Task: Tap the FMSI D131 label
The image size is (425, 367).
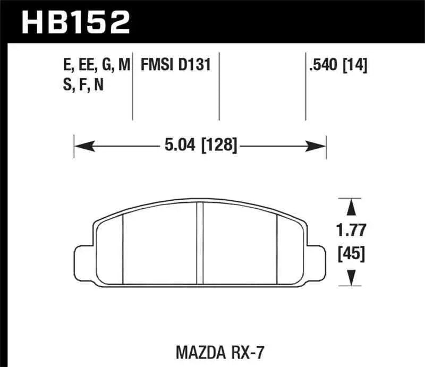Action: (x=176, y=65)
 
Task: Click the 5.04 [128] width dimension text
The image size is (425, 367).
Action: (x=197, y=144)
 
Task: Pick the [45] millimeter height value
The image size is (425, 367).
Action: (x=351, y=254)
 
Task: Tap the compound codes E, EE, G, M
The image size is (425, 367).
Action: (x=96, y=65)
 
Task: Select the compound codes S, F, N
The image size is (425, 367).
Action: (x=83, y=84)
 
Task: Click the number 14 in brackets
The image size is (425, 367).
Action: (x=356, y=65)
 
